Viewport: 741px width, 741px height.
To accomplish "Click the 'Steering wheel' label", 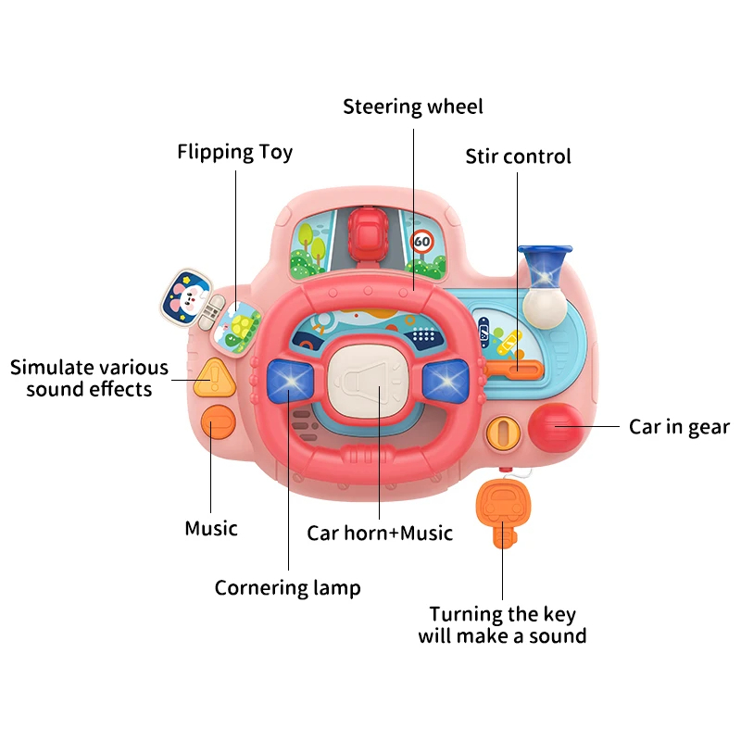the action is click(x=412, y=107).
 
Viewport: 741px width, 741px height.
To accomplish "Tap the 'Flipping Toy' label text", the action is click(x=235, y=152).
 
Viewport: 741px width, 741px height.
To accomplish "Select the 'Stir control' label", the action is click(x=518, y=157).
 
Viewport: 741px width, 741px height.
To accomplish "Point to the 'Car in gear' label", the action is click(x=679, y=427).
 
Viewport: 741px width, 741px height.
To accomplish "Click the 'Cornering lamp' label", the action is click(x=287, y=588).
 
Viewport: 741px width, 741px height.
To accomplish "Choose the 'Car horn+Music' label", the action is click(x=380, y=534).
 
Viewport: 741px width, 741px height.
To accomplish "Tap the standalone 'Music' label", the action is click(x=211, y=528).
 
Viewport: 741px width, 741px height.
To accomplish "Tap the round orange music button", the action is click(x=219, y=422).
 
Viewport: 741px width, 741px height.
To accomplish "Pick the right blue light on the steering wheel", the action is click(x=446, y=379).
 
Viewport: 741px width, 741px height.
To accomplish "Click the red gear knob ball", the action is click(x=555, y=427).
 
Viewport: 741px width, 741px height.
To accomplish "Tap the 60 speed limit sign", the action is click(x=421, y=242).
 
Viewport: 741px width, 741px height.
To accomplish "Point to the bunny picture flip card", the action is click(x=186, y=296).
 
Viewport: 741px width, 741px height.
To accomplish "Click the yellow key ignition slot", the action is click(x=503, y=433).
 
